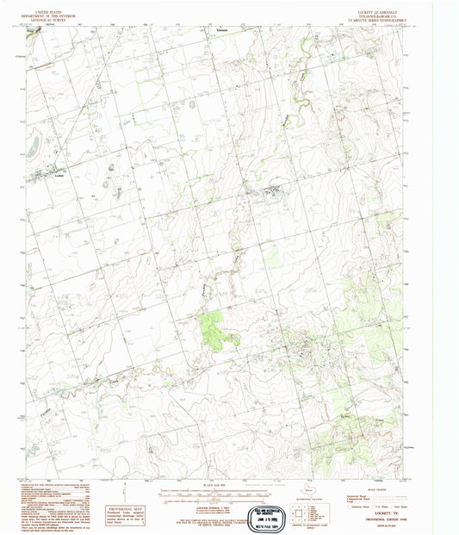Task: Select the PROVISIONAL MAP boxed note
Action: pos(123,509)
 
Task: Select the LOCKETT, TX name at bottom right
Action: pos(397,518)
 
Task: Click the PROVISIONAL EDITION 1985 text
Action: pos(397,524)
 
